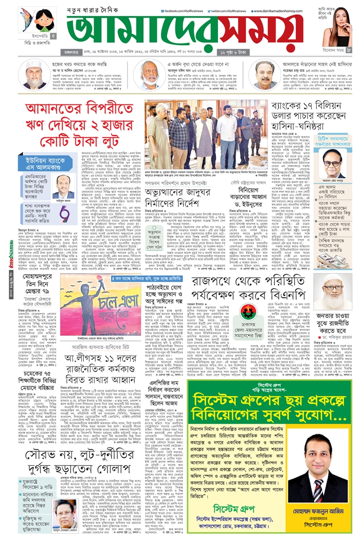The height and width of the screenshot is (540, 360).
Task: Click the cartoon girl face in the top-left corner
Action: [44, 21]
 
